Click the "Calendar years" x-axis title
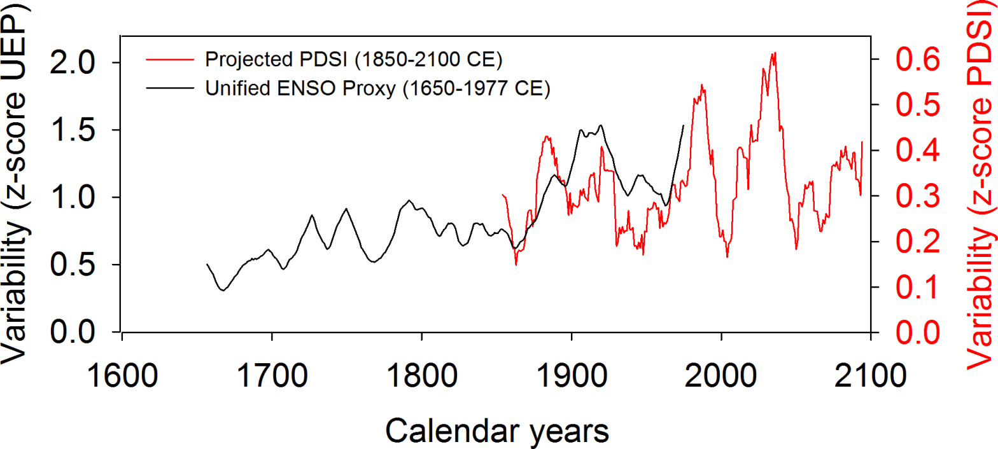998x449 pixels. [497, 431]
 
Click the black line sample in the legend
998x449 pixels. [169, 88]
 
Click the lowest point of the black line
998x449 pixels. [223, 291]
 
